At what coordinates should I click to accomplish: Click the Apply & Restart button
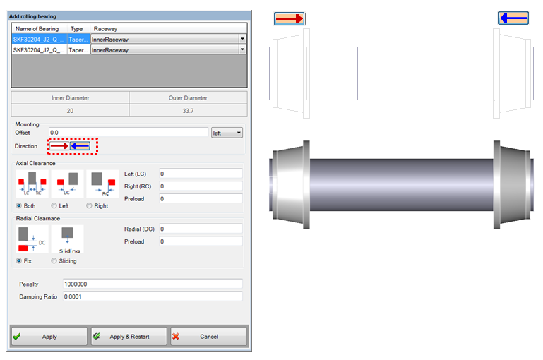(x=129, y=337)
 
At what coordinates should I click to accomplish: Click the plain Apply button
(x=49, y=337)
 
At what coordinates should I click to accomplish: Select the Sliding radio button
(x=54, y=260)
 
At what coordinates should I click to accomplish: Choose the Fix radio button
(x=20, y=260)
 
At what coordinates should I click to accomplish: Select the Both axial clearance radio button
(x=20, y=205)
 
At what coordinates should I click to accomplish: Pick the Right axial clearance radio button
(x=89, y=205)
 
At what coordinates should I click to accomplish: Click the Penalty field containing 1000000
(x=152, y=284)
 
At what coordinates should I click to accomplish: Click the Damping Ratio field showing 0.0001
(x=152, y=297)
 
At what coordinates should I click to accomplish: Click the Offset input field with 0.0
(x=127, y=132)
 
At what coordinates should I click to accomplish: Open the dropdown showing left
(x=227, y=132)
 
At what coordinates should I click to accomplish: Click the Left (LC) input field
(x=201, y=174)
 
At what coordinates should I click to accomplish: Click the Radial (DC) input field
(x=201, y=229)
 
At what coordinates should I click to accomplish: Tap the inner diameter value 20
(x=70, y=111)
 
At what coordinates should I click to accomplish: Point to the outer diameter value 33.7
(x=189, y=111)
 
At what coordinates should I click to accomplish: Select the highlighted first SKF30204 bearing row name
(x=40, y=40)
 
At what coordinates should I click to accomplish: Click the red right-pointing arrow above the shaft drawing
(x=290, y=18)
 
